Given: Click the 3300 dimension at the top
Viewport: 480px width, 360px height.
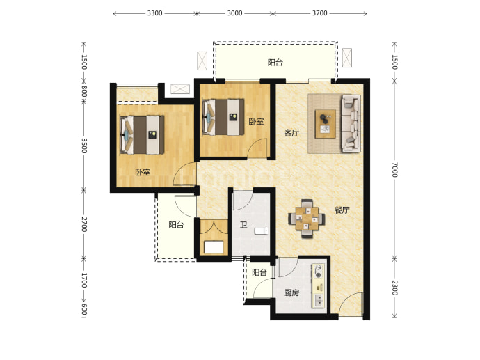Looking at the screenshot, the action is (x=154, y=13).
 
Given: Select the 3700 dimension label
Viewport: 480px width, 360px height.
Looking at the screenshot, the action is (x=319, y=13).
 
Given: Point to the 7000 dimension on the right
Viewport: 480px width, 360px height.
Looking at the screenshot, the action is (x=394, y=169).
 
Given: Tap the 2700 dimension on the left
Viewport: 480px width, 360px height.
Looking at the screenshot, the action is (x=84, y=224).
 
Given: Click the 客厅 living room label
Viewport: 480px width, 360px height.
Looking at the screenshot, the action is (x=291, y=133).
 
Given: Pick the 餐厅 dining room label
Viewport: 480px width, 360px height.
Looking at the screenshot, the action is (x=342, y=210).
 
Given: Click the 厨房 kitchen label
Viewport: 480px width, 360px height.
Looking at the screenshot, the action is (x=291, y=292).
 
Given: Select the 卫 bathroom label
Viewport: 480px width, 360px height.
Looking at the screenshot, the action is (x=243, y=225).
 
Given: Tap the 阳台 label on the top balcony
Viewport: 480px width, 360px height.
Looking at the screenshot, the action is (x=275, y=63).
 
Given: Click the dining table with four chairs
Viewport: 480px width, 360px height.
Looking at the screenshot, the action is (x=306, y=219).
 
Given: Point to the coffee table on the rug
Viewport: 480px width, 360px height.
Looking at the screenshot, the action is (x=326, y=124).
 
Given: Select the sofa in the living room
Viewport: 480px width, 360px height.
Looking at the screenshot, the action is (x=351, y=123).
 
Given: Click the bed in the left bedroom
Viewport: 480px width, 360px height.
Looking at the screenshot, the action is (x=142, y=135).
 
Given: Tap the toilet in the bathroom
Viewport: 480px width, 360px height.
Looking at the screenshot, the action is (x=262, y=230).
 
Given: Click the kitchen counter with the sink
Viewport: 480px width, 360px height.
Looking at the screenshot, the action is (x=319, y=285).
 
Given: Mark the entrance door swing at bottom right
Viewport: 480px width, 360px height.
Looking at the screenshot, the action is (x=351, y=304).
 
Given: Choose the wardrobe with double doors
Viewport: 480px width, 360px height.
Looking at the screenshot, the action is (x=214, y=237).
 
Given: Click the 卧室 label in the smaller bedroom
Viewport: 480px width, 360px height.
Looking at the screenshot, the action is (x=256, y=122).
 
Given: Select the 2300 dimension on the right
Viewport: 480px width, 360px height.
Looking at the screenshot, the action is (x=394, y=288).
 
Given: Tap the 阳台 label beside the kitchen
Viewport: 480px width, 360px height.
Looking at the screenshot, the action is (x=259, y=272).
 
